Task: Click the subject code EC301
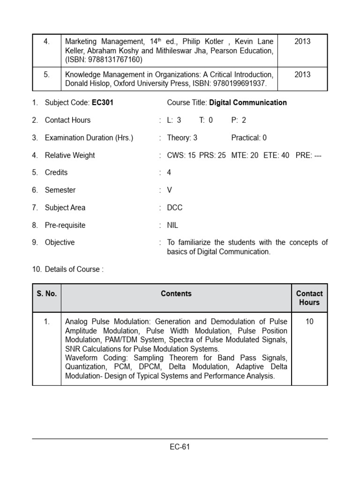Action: pos(104,102)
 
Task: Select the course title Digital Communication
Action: pos(247,102)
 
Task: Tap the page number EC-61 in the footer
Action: pos(180,447)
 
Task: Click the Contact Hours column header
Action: pos(309,298)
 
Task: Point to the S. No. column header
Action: pos(47,294)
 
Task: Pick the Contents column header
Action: pos(176,294)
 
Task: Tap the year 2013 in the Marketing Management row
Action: pos(302,42)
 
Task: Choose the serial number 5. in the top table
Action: pos(47,75)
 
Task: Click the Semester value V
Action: pos(170,190)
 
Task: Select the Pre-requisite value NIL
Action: pos(172,225)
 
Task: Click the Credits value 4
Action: pos(169,172)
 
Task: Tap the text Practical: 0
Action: pos(249,138)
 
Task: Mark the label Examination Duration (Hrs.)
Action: pos(89,138)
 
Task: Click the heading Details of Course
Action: pos(72,269)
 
